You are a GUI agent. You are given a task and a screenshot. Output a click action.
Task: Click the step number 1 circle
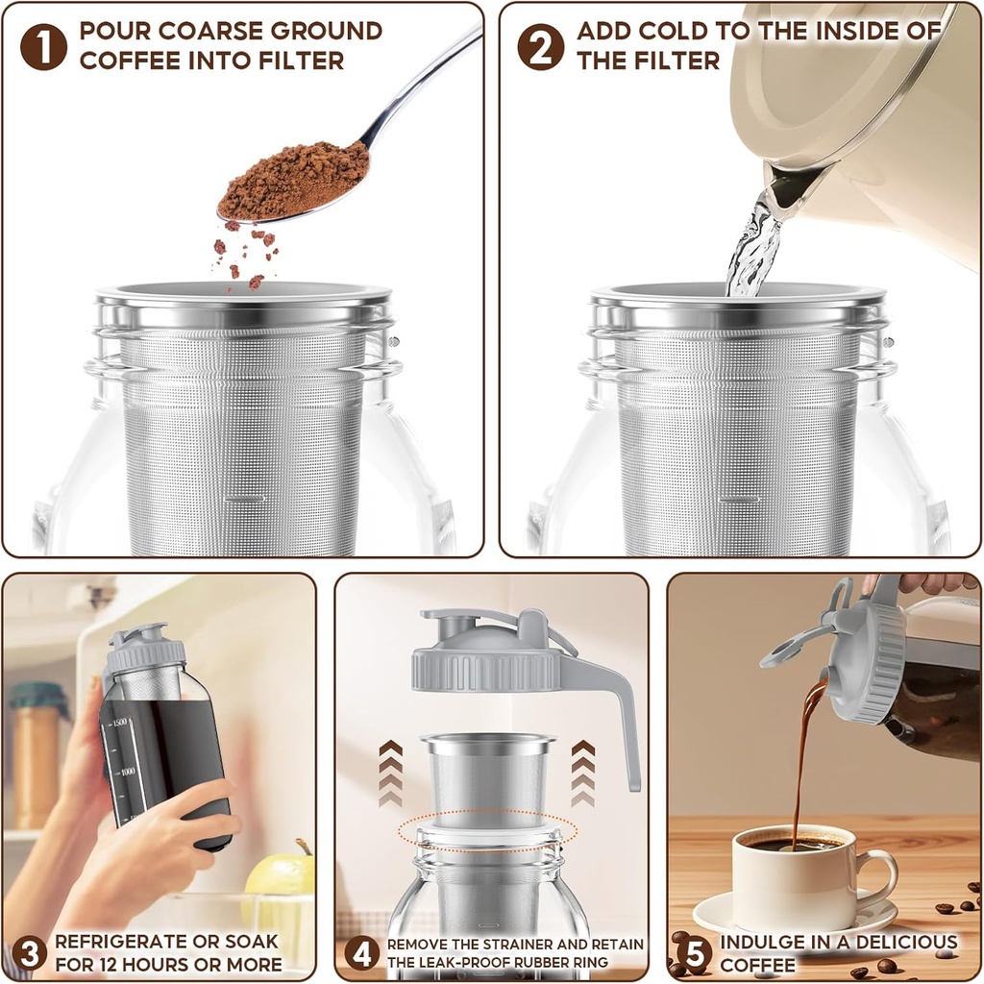pos(44,47)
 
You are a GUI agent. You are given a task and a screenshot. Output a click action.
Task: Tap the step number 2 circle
pos(541,47)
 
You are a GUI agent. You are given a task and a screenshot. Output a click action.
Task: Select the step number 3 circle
pos(29,953)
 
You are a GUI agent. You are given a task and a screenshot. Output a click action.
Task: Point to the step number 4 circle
pos(362,953)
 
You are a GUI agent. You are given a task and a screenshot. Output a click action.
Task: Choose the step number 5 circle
pos(693,953)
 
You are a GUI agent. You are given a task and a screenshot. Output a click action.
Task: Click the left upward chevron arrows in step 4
pos(390,774)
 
